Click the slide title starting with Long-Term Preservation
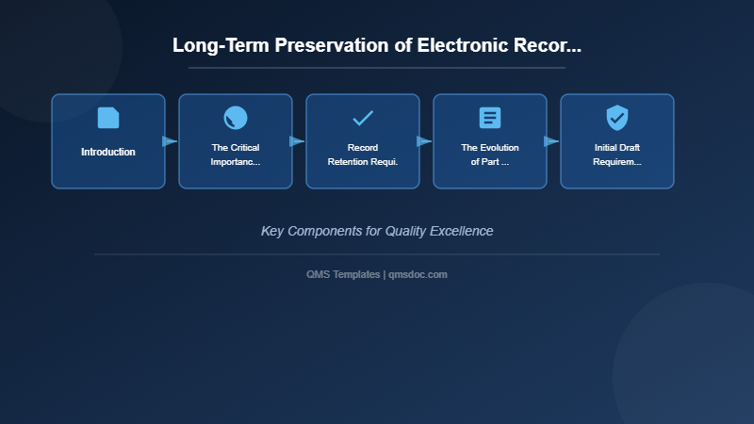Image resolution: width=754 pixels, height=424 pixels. [377, 45]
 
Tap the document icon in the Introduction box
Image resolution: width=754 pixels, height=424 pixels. [108, 118]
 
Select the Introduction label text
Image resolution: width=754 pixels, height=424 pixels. [108, 152]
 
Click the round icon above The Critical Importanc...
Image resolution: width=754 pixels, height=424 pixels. [236, 118]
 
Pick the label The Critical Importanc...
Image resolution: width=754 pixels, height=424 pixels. [236, 155]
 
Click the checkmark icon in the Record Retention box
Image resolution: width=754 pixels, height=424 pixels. [363, 118]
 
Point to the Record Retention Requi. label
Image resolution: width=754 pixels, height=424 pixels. [363, 155]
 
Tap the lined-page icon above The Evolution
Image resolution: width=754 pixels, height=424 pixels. [490, 118]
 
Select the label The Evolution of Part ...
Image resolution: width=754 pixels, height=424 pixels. [490, 155]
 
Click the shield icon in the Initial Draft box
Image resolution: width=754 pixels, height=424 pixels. [617, 118]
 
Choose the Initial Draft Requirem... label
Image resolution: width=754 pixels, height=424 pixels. [617, 155]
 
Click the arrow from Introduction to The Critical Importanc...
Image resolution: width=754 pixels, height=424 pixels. [170, 141]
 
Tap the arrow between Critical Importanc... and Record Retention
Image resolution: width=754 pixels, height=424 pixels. [297, 141]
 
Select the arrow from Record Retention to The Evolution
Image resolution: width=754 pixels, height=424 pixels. [424, 141]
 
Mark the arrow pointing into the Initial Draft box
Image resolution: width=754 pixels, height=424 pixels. [551, 141]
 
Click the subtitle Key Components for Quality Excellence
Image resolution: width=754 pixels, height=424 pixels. [377, 231]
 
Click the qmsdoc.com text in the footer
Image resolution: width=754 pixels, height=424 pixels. [418, 274]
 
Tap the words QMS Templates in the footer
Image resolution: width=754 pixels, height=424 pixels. [343, 274]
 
